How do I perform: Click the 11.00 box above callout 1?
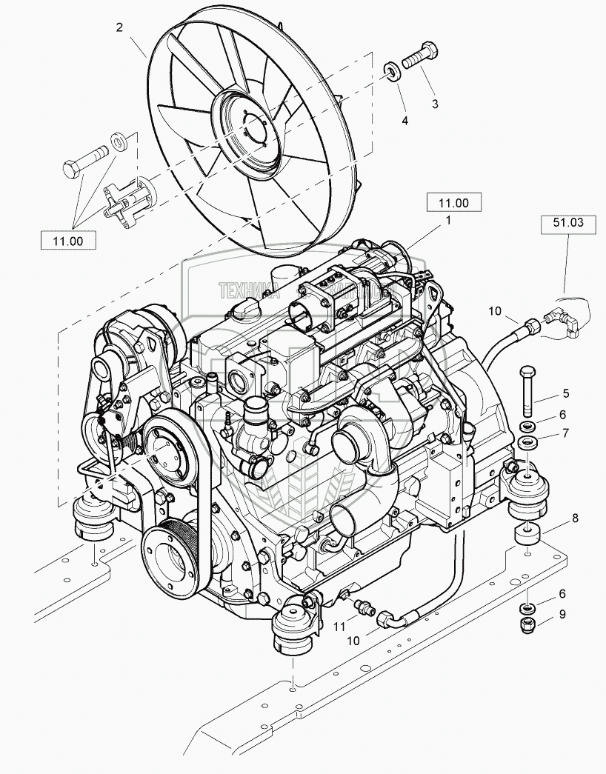(x=453, y=202)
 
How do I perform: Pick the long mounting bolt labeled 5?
(x=527, y=391)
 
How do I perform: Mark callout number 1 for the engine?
(x=447, y=220)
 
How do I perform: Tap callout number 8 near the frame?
(x=575, y=520)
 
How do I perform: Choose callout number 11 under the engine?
(x=340, y=627)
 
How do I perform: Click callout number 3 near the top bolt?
(x=435, y=104)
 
